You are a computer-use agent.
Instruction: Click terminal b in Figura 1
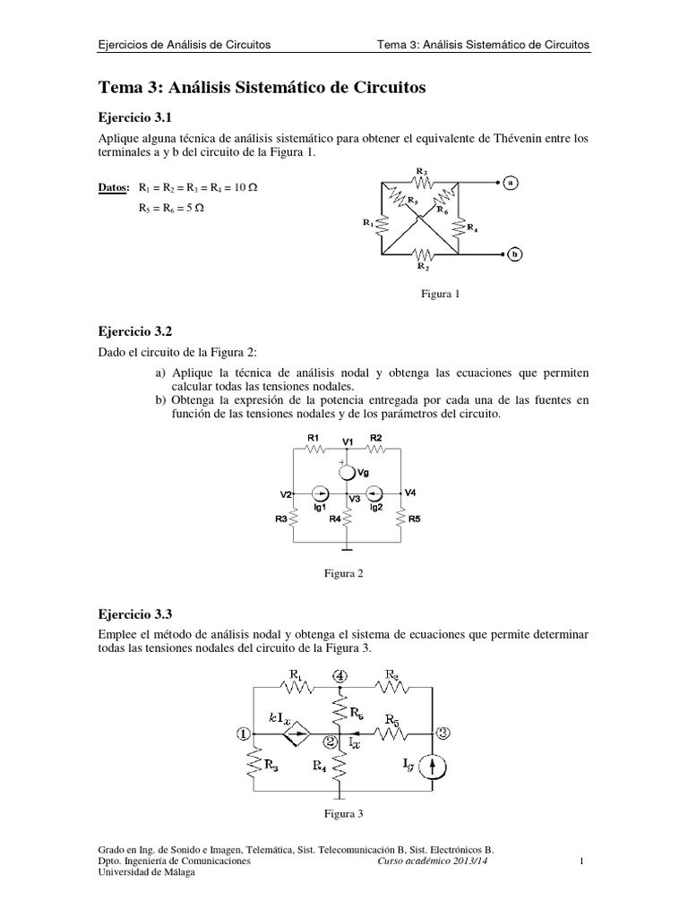(515, 253)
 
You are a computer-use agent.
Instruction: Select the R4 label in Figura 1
(472, 228)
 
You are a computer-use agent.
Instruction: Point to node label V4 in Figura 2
(410, 493)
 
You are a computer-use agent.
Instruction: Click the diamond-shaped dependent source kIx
(295, 734)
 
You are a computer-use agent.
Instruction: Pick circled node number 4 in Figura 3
(339, 676)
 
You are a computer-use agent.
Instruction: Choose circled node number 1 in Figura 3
(244, 733)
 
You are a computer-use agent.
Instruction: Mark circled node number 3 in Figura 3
(443, 733)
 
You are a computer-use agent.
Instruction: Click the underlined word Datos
(112, 187)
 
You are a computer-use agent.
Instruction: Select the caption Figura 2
(343, 573)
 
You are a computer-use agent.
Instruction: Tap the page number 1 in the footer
(581, 861)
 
